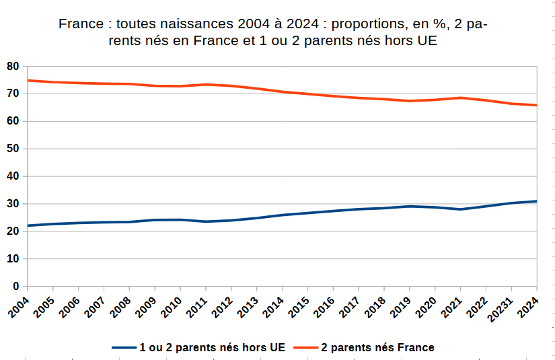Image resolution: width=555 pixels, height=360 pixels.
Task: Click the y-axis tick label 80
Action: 13,67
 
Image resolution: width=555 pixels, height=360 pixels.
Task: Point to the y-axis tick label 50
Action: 13,149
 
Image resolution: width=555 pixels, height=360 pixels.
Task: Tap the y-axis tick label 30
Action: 13,204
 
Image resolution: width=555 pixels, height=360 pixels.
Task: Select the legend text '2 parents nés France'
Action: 377,347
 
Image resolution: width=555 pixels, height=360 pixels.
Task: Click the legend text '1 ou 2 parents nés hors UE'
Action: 212,347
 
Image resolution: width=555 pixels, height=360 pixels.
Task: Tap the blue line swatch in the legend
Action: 124,347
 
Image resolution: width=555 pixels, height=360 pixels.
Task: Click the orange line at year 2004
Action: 28,80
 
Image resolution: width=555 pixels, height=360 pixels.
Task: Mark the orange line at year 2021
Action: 460,98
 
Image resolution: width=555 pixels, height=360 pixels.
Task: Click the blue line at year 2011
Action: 206,221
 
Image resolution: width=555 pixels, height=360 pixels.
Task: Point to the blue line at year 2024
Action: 536,201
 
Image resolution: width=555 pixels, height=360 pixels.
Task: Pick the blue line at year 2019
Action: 409,206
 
